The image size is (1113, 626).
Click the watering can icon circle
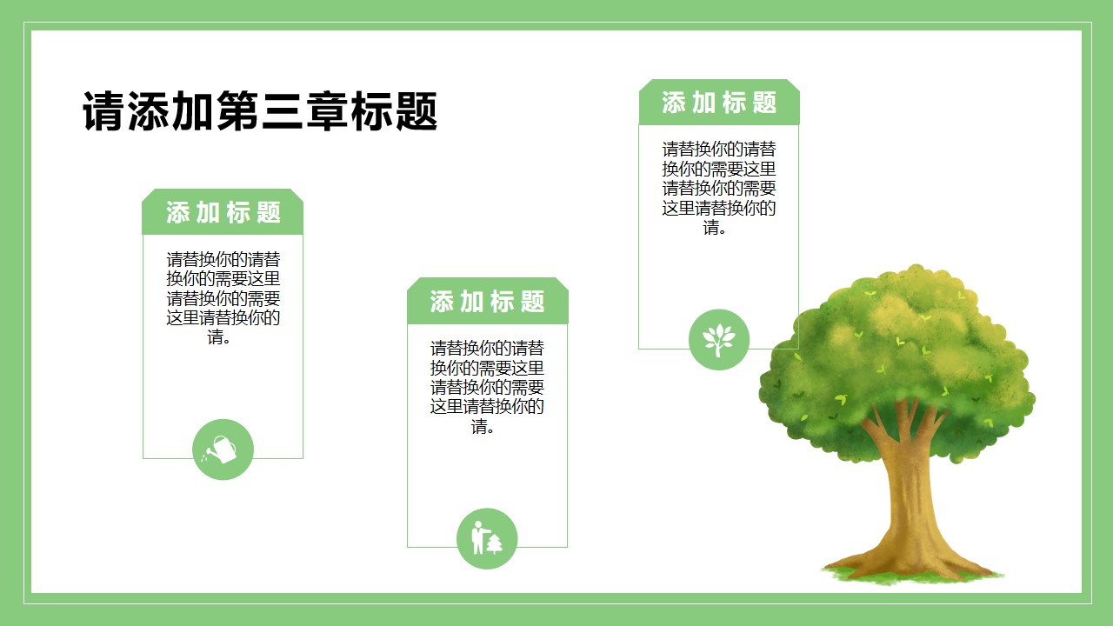pyautogui.click(x=223, y=450)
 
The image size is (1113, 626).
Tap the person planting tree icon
pyautogui.click(x=487, y=538)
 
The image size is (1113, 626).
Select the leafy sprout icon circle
pyautogui.click(x=719, y=340)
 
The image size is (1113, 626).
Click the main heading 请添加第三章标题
pyautogui.click(x=260, y=110)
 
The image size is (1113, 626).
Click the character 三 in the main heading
pyautogui.click(x=283, y=110)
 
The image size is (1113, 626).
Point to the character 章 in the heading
pyautogui.click(x=327, y=110)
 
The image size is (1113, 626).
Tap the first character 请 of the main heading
pyautogui.click(x=103, y=110)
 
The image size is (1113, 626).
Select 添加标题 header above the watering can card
pyautogui.click(x=223, y=212)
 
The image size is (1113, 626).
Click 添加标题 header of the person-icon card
pyautogui.click(x=487, y=302)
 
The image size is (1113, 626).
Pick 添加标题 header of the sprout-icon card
pyautogui.click(x=719, y=103)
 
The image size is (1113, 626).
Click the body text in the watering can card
pyautogui.click(x=223, y=297)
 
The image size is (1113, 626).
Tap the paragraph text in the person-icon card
pyautogui.click(x=487, y=387)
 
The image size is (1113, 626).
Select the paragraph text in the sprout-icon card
pyautogui.click(x=719, y=188)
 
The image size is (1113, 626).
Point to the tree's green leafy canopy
pyautogui.click(x=897, y=363)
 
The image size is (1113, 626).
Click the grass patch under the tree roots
pyautogui.click(x=912, y=576)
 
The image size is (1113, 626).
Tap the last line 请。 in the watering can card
pyautogui.click(x=219, y=336)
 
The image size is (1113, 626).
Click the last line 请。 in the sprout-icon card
pyautogui.click(x=715, y=227)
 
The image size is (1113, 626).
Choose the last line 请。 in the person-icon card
pyautogui.click(x=483, y=426)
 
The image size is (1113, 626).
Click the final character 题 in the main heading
pyautogui.click(x=417, y=110)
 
